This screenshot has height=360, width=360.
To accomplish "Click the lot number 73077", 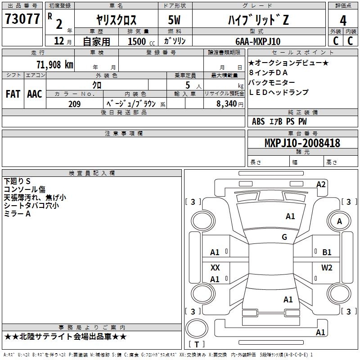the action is (x=22, y=19).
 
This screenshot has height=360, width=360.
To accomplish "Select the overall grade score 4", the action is (x=343, y=20).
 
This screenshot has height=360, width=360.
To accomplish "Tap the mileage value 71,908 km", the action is (x=55, y=65).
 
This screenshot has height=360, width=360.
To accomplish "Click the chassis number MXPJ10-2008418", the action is (x=302, y=143).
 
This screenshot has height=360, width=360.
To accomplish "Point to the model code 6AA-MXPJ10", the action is (x=258, y=41).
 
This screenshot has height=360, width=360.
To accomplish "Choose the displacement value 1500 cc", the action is (x=141, y=41).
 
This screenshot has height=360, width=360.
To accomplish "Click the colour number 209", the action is (x=74, y=104).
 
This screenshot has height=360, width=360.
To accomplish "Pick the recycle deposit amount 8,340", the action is (x=226, y=104).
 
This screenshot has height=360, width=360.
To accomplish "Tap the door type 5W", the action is (x=174, y=20).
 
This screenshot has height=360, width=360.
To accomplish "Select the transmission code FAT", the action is (x=13, y=94).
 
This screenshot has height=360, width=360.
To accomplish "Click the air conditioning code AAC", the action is (x=35, y=94).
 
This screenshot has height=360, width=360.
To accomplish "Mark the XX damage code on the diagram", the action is (x=215, y=267).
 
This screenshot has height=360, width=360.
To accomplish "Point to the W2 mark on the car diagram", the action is (x=327, y=267).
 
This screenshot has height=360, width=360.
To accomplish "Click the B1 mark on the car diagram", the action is (x=327, y=252).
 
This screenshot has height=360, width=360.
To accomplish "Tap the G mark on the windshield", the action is (x=284, y=237).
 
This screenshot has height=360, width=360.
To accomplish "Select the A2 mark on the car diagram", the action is (x=321, y=184).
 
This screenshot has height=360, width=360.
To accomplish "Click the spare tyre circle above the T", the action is (x=197, y=328).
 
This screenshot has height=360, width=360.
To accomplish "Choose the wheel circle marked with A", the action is (x=339, y=221).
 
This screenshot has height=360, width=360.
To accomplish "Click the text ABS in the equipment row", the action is (x=258, y=121).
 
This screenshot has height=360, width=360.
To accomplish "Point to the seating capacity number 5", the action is (x=188, y=85).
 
